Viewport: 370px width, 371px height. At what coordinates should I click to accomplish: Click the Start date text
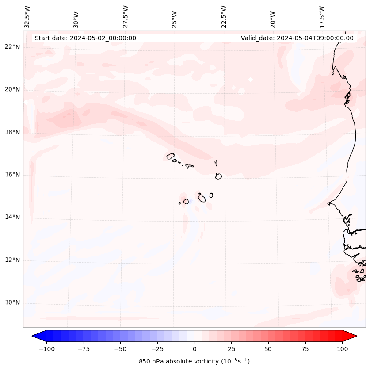85,38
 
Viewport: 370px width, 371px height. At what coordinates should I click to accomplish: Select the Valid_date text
297,38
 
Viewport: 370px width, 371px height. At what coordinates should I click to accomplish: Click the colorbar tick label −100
46,349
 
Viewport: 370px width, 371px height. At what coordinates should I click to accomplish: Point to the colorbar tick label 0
195,349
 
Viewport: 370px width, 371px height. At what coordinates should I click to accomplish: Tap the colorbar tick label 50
268,349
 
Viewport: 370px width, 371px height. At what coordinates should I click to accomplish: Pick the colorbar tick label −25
157,349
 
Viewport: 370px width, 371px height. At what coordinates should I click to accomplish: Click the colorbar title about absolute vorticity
195,361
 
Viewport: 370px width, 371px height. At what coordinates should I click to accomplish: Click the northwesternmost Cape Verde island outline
171,156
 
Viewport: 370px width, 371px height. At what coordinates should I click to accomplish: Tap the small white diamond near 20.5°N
251,80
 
